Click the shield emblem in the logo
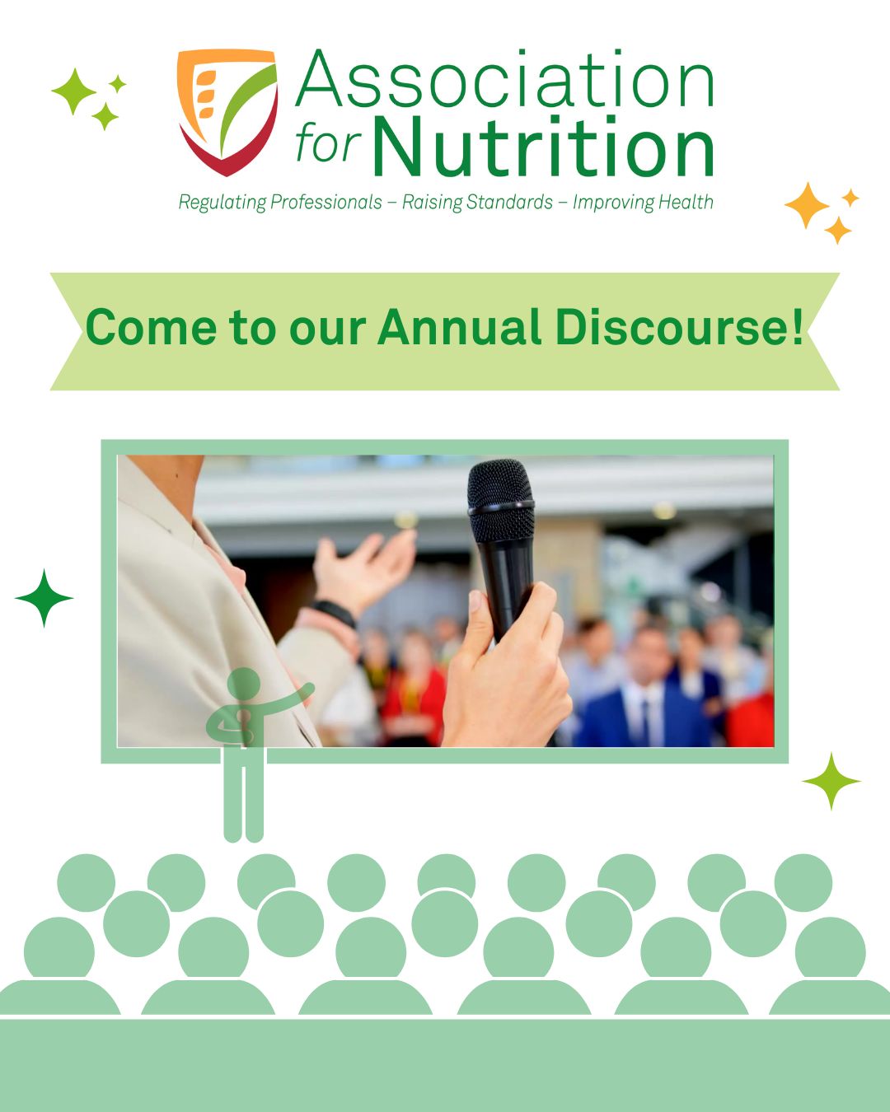[227, 111]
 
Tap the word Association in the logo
[504, 79]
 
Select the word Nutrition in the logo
[543, 145]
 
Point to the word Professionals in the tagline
[326, 202]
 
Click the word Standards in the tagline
[509, 202]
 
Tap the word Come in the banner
[151, 328]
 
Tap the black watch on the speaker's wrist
[334, 613]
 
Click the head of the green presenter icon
[243, 683]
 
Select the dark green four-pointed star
[44, 598]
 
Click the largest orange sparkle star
[807, 205]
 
